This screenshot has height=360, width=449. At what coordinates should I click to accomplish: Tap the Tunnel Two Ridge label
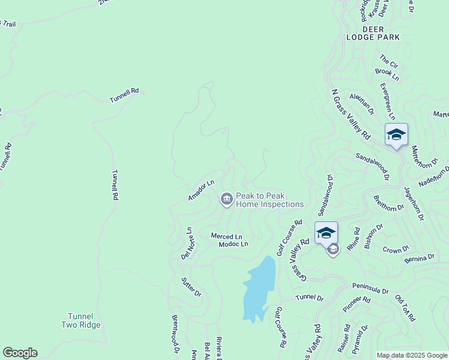point(80,320)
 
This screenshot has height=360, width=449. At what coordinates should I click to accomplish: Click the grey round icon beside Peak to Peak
point(226,199)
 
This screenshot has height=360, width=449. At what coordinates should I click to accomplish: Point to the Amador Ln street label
point(201,190)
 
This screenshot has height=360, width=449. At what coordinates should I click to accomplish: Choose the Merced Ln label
point(226,236)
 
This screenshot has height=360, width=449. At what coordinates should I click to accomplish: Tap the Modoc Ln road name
point(233,244)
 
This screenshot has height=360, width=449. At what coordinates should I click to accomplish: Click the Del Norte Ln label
point(187,244)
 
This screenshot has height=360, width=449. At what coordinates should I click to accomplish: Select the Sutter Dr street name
point(191,286)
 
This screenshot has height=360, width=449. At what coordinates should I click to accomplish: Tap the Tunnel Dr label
point(310,298)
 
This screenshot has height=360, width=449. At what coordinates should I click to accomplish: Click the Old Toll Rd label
point(405,308)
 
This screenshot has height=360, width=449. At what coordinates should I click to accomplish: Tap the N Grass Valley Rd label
point(352,116)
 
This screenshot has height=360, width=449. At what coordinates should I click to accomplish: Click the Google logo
point(20,353)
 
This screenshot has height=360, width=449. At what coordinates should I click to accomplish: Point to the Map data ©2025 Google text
point(412,355)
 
